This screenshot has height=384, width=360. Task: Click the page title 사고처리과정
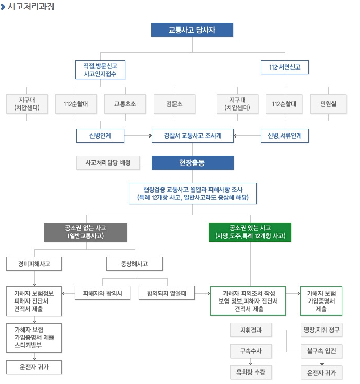point(31,7)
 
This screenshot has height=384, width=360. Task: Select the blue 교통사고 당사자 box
point(192,30)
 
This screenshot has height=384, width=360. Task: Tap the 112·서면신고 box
point(285,67)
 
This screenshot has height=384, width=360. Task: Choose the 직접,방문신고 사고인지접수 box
point(100,70)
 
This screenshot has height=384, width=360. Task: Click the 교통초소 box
point(125,104)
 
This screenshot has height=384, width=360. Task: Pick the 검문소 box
point(175,104)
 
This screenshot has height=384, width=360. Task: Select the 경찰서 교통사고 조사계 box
point(193,135)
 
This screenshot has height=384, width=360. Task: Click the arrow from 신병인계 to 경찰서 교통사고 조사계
point(138,135)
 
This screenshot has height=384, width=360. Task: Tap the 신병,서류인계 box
point(285,135)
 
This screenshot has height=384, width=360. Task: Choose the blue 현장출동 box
point(192,163)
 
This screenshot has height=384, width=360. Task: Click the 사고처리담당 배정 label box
point(108,163)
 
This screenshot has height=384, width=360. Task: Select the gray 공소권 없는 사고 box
point(85,231)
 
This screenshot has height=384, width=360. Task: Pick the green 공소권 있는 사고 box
point(250,231)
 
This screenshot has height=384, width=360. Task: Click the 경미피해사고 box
point(34,264)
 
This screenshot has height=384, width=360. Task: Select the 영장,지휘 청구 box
point(322,330)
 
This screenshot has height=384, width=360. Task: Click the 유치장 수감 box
point(251,373)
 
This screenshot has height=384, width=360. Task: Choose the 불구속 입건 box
point(322,351)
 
